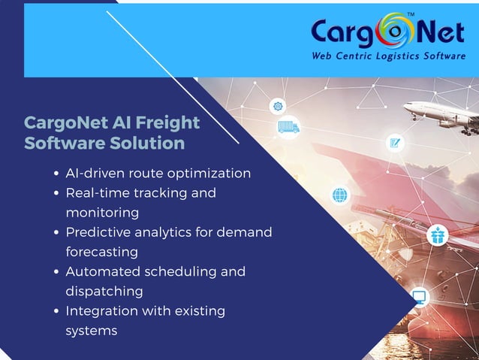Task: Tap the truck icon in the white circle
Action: click(288, 127)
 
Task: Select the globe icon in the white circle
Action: click(340, 195)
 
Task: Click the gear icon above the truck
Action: click(278, 106)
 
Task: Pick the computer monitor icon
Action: click(418, 296)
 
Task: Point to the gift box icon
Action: click(437, 236)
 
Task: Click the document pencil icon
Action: click(394, 142)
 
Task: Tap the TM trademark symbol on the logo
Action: click(410, 15)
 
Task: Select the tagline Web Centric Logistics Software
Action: click(388, 56)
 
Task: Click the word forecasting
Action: click(101, 252)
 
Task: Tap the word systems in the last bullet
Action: click(92, 330)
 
